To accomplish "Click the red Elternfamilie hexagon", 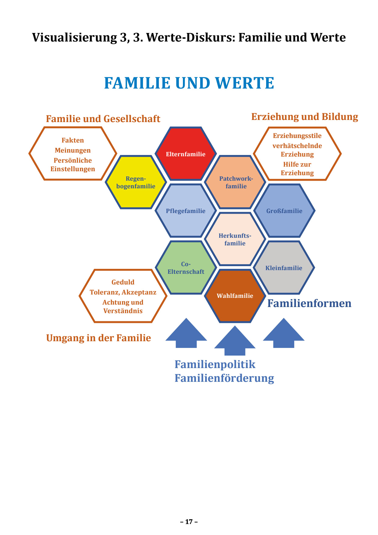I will point(186,154).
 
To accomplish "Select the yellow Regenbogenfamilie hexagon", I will point(136,182).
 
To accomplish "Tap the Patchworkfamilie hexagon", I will point(235,182).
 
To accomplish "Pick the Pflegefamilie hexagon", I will point(186,211).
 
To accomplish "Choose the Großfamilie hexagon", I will point(284,211).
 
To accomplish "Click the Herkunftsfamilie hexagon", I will point(235,239).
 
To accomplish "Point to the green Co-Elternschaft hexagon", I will point(186,268).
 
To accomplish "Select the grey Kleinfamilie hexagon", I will point(284,268).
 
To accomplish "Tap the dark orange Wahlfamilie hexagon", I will point(235,296).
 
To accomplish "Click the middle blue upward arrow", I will point(235,342).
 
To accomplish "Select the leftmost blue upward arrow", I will point(186,334).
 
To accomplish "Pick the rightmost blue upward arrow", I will point(284,334).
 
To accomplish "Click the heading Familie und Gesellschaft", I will point(103,119).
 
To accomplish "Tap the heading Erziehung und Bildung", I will point(305,117).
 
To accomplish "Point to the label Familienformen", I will point(309,303).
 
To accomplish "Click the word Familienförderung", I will point(224,378).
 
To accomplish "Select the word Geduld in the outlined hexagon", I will point(123,282).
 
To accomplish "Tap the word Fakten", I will point(73,140).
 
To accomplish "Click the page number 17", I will point(189,522).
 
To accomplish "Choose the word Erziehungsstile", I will point(297,136).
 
